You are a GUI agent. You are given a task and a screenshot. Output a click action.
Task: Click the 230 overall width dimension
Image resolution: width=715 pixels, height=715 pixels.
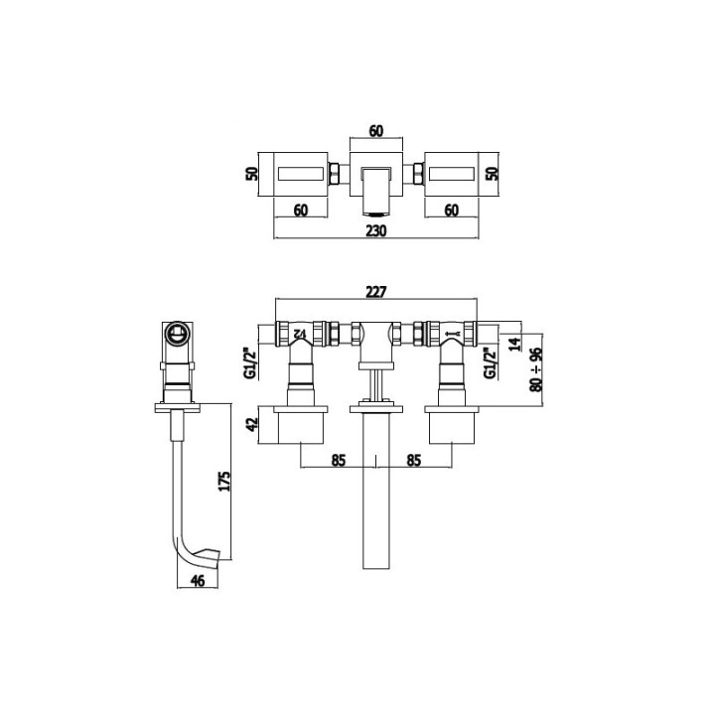click(x=376, y=229)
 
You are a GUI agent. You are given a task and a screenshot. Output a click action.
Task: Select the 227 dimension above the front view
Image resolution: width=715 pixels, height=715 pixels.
click(x=374, y=292)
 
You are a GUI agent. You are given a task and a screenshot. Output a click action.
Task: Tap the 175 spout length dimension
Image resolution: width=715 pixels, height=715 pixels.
click(x=224, y=482)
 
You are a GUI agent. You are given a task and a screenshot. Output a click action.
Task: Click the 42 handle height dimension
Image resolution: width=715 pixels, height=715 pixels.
click(x=251, y=424)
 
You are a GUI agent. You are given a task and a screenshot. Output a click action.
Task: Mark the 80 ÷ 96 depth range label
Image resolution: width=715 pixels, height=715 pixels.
click(x=536, y=368)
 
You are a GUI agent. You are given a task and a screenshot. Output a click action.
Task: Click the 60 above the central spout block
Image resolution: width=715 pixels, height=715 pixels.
click(x=376, y=130)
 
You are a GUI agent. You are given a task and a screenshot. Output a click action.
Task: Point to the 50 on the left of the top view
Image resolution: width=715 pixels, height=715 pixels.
click(x=252, y=173)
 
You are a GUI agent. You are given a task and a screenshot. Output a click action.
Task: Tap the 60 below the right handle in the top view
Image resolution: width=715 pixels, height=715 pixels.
click(x=450, y=210)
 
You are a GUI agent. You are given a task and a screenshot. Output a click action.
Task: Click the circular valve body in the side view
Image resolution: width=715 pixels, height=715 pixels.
click(x=178, y=333)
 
